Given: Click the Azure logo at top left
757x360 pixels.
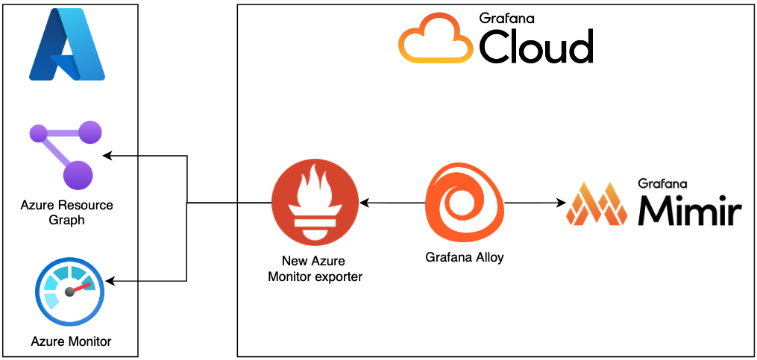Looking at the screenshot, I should coord(67,46).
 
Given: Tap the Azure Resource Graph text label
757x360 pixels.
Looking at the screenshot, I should coord(67,212).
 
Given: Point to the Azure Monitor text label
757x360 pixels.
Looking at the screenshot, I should coord(71,341).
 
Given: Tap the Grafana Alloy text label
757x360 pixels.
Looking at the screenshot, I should coord(465,257).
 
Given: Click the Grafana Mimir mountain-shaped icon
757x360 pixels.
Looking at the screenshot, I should coord(597,203).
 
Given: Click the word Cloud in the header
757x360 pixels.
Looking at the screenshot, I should coord(535,48).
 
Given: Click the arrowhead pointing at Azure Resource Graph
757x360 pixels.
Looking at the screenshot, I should coord(107,156).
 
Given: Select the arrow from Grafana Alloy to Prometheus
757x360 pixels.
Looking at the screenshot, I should coord(391,202).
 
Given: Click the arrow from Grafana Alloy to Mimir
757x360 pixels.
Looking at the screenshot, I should coord(533,202).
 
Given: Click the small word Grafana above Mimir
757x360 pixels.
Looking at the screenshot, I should coord(662,183).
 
